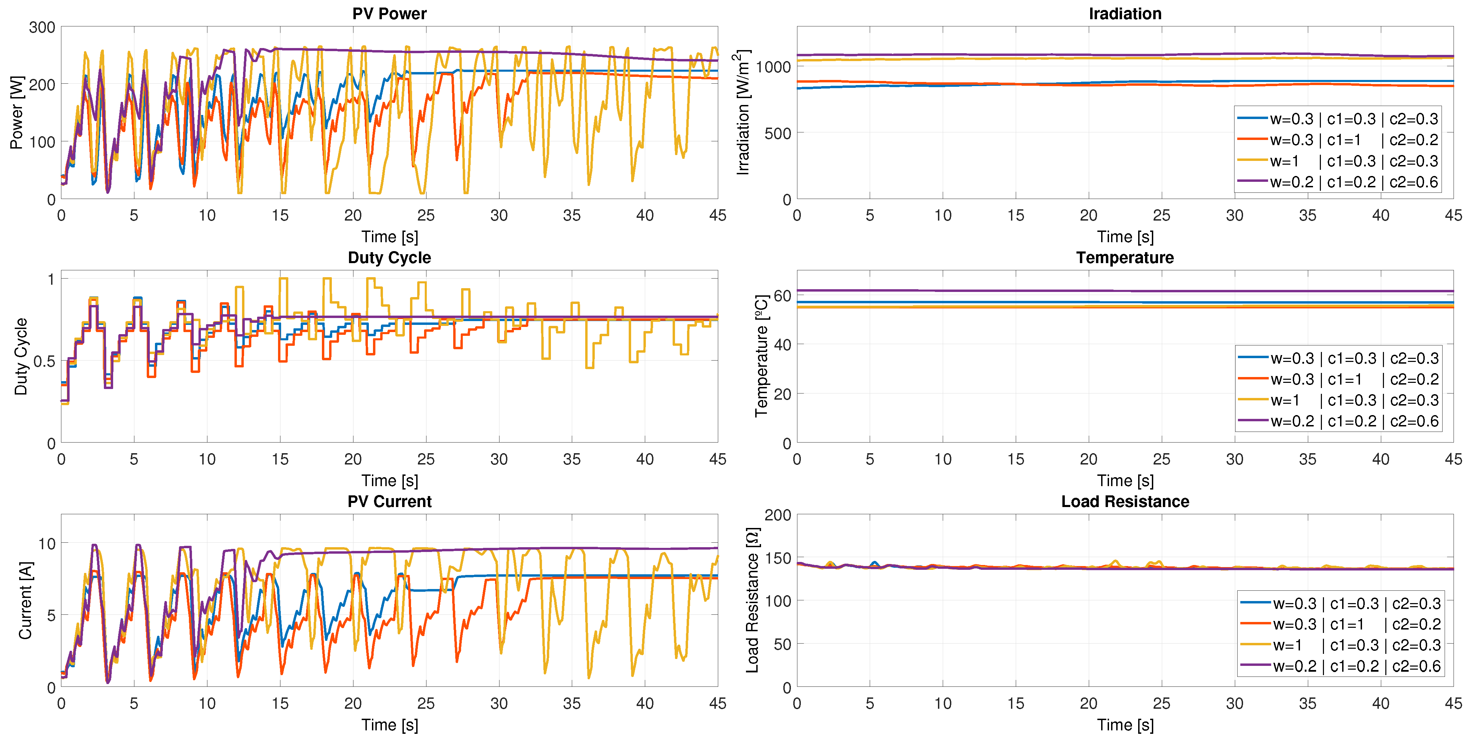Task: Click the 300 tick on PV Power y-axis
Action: tap(42, 27)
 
